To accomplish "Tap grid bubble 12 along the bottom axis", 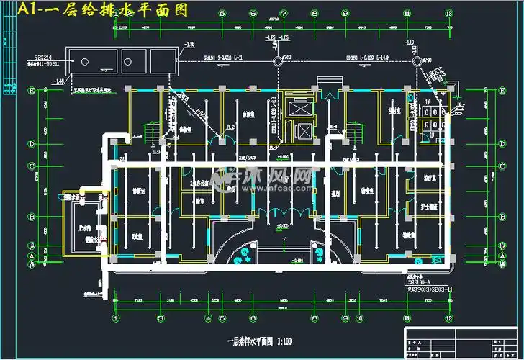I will tap(447, 318).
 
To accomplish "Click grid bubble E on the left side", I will tap(32, 91).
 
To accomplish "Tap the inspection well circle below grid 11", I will tap(416, 62).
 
